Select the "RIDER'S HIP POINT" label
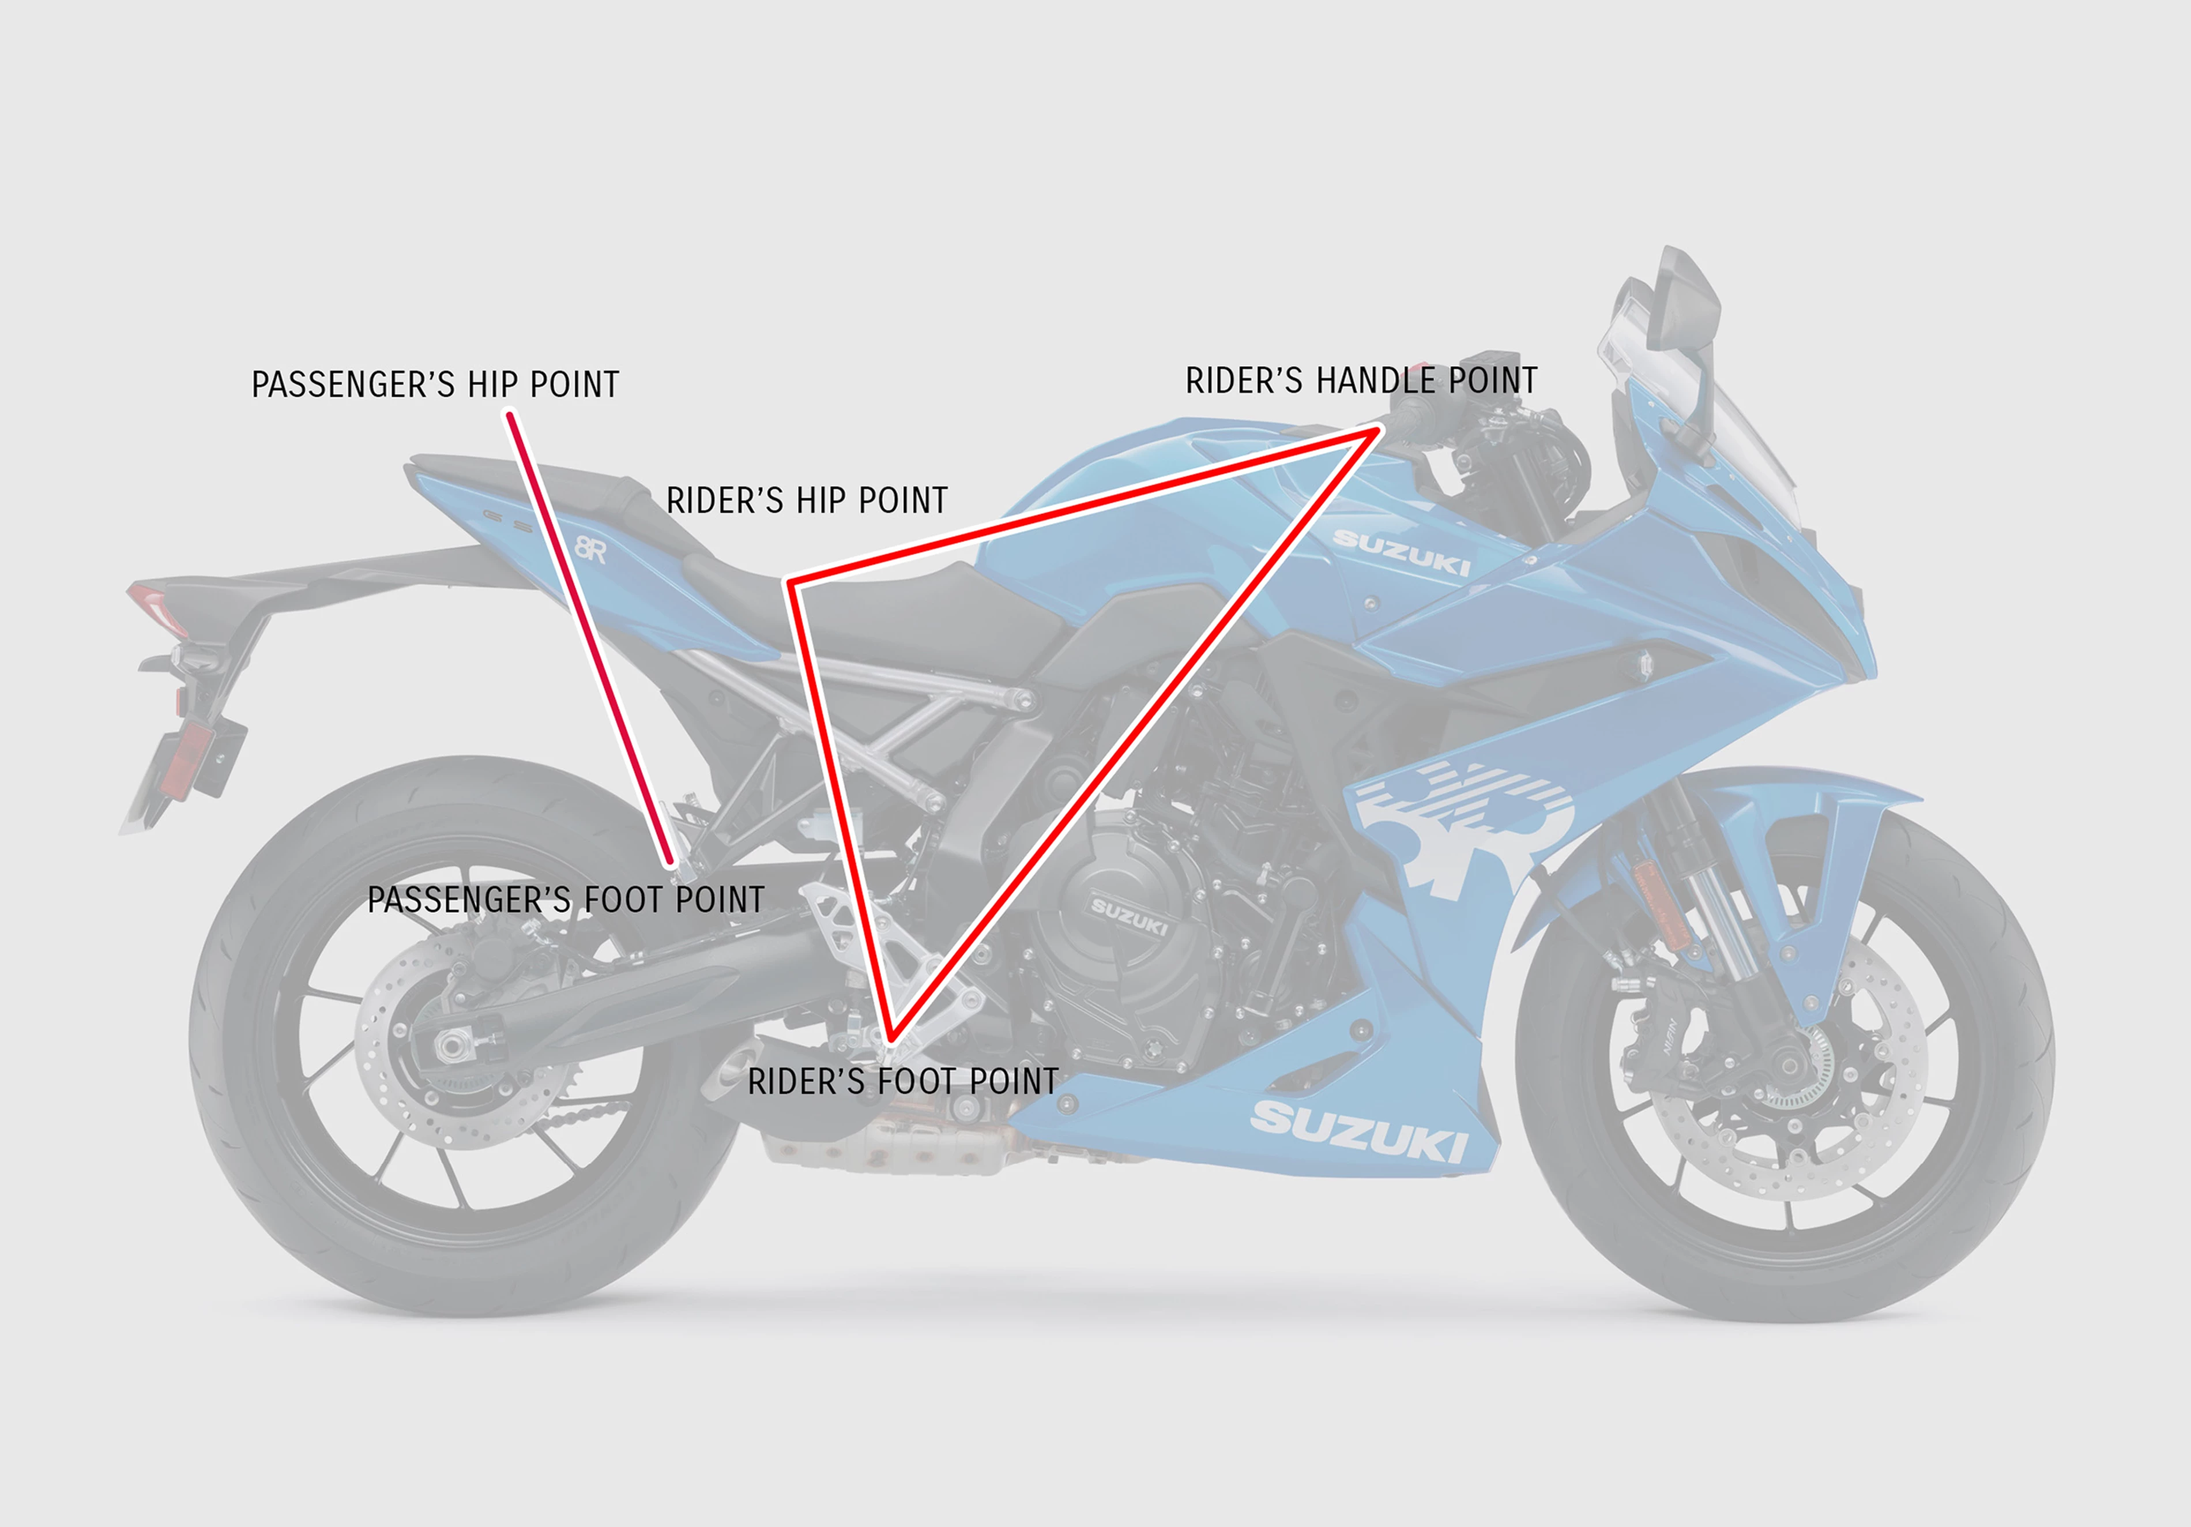pos(807,499)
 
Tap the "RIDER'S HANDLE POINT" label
pos(1361,380)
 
